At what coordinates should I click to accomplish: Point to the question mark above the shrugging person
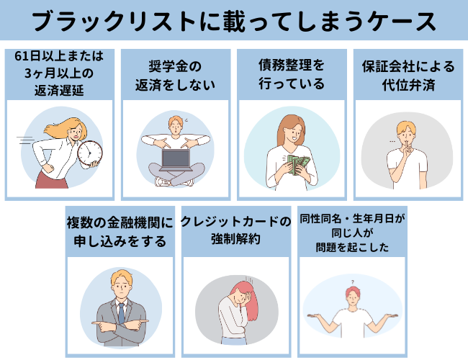point(353,282)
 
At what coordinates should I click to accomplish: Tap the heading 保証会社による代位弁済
point(408,73)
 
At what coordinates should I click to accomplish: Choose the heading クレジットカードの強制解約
point(235,230)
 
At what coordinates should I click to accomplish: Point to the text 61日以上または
point(59,56)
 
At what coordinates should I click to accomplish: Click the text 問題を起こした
point(352,247)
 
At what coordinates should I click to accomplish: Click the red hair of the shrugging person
point(352,292)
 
